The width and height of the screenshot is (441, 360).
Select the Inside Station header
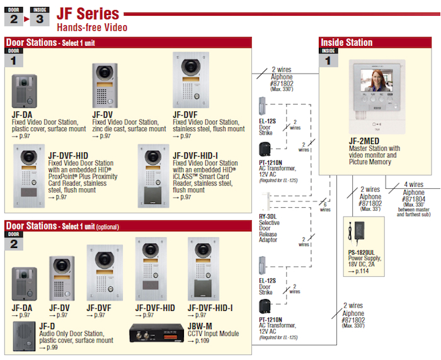pos(346,43)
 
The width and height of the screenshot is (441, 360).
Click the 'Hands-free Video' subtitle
pos(92,28)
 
